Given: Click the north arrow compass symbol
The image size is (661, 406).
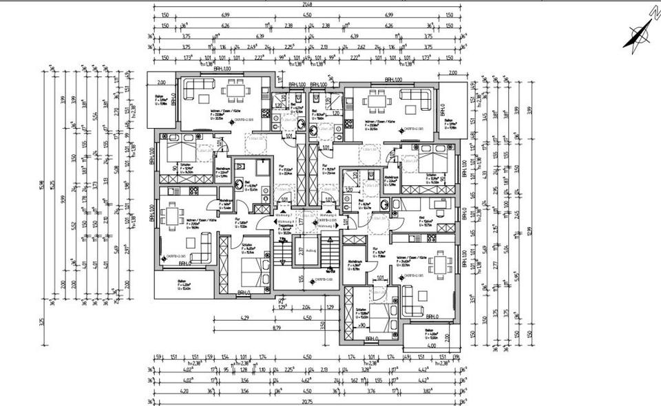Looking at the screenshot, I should [x=638, y=29].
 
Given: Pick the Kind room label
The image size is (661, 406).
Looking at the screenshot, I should [x=421, y=217].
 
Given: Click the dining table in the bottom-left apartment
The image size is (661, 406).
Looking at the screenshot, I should [x=170, y=217].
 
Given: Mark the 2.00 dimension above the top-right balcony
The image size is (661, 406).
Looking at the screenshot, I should [x=452, y=73].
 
